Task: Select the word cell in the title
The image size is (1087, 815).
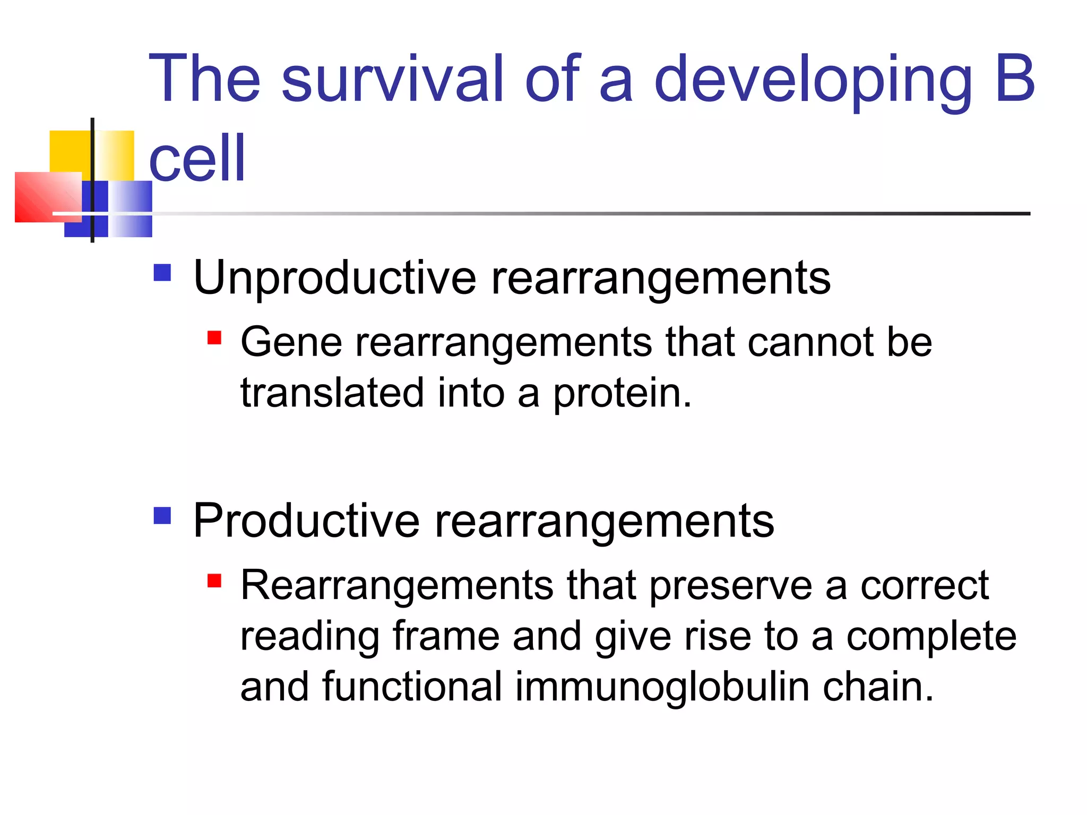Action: click(x=197, y=158)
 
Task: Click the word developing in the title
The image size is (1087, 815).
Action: click(x=813, y=80)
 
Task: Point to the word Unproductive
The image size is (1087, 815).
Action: click(x=335, y=278)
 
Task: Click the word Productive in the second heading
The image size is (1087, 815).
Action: click(x=306, y=521)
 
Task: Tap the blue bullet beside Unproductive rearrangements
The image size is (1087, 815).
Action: click(x=162, y=273)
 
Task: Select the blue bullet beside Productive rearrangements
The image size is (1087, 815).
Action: click(x=162, y=515)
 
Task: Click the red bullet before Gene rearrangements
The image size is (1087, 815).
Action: click(x=214, y=338)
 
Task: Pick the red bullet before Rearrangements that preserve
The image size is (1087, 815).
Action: click(x=214, y=581)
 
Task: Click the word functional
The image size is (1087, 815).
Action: click(x=412, y=687)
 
